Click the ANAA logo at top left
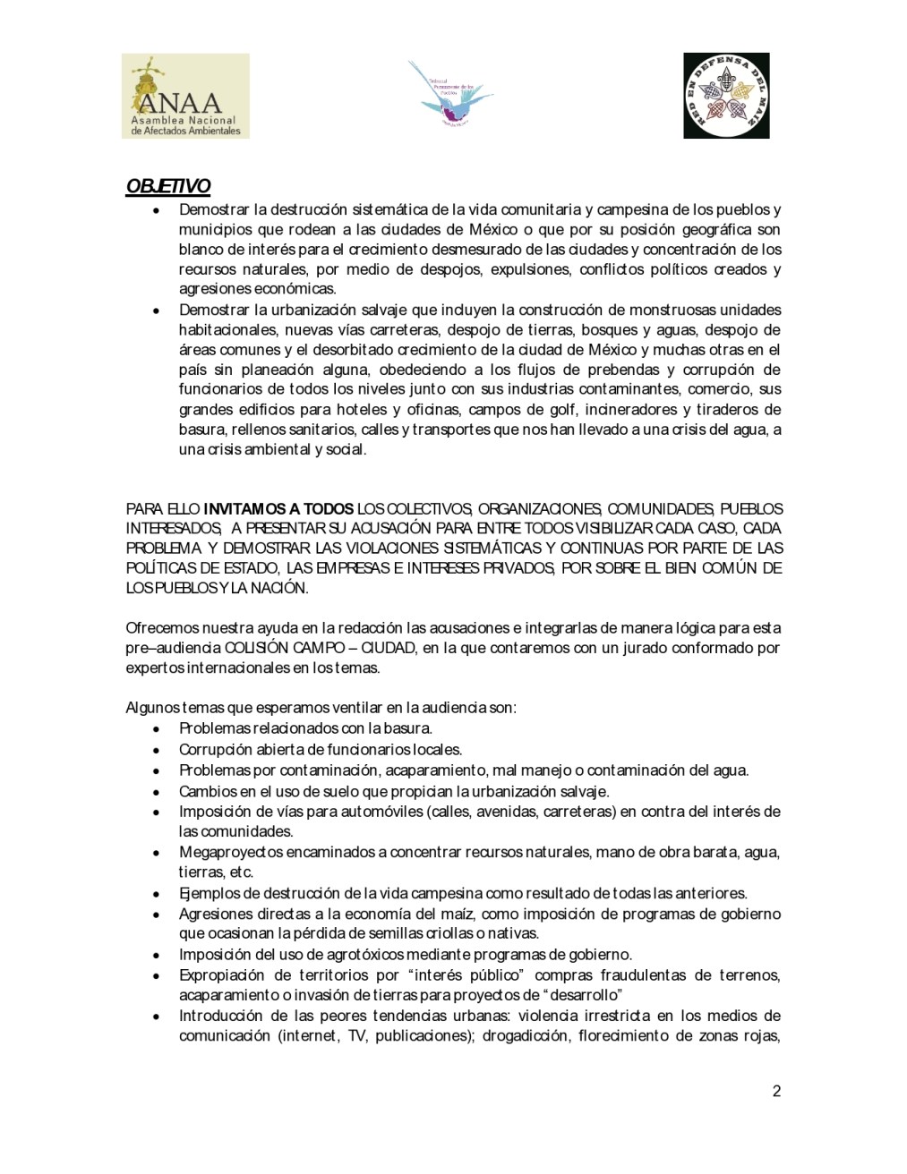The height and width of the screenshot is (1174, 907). click(x=185, y=96)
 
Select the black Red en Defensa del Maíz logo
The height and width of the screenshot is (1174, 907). click(x=726, y=96)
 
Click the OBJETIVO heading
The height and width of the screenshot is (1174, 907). click(x=167, y=186)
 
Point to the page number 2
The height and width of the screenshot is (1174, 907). click(x=776, y=1091)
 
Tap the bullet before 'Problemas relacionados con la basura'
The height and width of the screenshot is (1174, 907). click(x=158, y=729)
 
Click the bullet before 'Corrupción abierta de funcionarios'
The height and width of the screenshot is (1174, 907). click(x=158, y=750)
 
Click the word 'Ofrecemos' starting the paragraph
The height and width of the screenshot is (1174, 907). click(x=158, y=627)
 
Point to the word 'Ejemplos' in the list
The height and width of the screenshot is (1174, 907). click(x=205, y=893)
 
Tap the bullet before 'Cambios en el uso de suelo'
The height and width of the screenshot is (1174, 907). click(x=158, y=792)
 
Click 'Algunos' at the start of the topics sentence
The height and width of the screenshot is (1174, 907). click(x=151, y=708)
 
